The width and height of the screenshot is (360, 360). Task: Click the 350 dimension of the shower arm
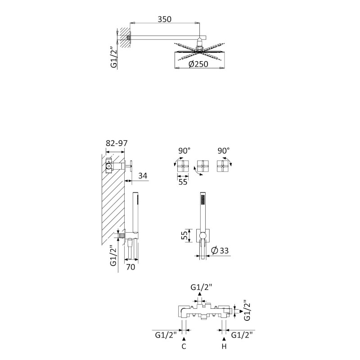pyautogui.click(x=164, y=19)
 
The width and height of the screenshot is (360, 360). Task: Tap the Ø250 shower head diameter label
pyautogui.click(x=198, y=64)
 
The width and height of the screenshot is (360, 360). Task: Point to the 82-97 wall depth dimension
pyautogui.click(x=117, y=143)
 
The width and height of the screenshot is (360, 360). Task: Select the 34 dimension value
pyautogui.click(x=143, y=176)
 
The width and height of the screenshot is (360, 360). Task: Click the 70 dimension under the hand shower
pyautogui.click(x=130, y=267)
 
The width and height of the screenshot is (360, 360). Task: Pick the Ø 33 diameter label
pyautogui.click(x=220, y=250)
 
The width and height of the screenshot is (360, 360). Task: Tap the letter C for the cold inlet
pyautogui.click(x=184, y=346)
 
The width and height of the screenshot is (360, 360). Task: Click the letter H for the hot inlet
pyautogui.click(x=224, y=346)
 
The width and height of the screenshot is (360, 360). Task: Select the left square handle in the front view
pyautogui.click(x=183, y=166)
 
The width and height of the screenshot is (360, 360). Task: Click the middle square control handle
pyautogui.click(x=203, y=166)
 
